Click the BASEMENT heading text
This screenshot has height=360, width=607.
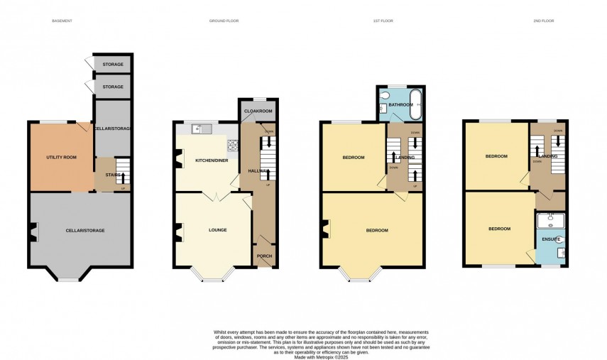coord(62,21)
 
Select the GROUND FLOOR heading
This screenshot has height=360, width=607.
coord(224,21)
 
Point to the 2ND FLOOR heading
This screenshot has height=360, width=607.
coord(543,21)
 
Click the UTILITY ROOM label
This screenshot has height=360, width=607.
coord(62,157)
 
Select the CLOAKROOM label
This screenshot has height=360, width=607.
coord(256,111)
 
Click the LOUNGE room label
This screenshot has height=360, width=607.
coord(217,230)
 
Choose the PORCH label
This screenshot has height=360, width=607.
coord(264,256)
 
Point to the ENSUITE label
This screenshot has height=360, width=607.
coord(550,240)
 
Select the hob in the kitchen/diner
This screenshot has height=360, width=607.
coord(231,145)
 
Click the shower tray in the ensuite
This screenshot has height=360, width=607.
coord(551,220)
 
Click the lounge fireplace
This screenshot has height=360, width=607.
coord(178,230)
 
